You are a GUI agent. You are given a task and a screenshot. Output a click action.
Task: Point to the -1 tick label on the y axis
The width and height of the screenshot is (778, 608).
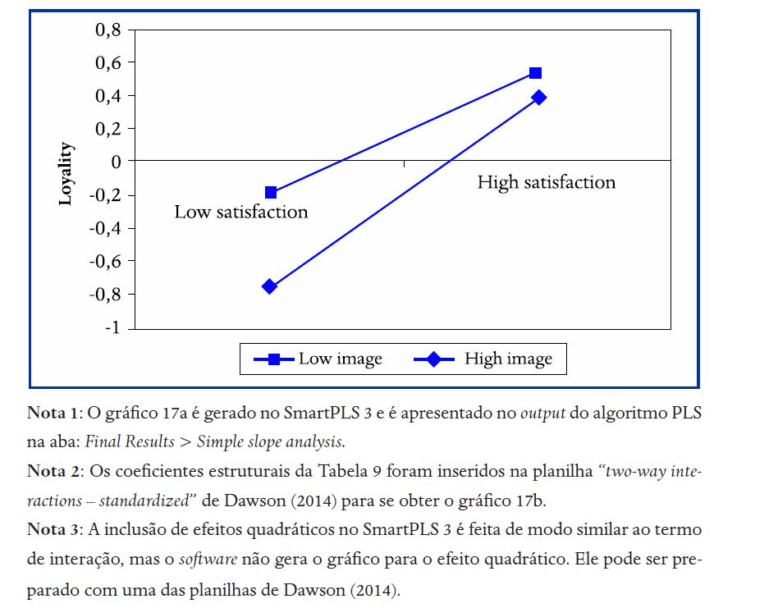coord(113,328)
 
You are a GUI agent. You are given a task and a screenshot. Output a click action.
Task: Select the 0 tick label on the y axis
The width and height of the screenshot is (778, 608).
coord(117,162)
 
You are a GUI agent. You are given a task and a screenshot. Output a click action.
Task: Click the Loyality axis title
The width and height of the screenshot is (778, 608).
coord(66,174)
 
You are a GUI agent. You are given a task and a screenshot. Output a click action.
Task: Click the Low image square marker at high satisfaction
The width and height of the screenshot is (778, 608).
coord(535,73)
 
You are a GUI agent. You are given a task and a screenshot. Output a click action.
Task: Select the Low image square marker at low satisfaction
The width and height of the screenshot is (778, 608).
coord(271,193)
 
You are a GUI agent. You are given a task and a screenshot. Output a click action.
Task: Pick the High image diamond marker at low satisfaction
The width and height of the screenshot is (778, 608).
coord(269,286)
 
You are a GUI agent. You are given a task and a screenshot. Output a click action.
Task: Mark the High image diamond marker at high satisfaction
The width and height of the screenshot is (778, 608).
coord(538,98)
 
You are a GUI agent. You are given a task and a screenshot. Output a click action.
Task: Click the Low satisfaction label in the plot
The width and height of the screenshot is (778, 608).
coord(241,213)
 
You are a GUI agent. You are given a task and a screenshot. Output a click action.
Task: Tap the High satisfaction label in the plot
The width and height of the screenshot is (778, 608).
coord(547,182)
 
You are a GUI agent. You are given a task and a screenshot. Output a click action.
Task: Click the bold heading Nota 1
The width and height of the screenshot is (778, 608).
coord(54,413)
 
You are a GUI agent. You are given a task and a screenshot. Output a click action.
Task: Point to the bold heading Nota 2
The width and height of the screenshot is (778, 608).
coord(54,473)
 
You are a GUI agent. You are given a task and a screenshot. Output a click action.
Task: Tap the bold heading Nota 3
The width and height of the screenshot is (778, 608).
coord(54,530)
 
